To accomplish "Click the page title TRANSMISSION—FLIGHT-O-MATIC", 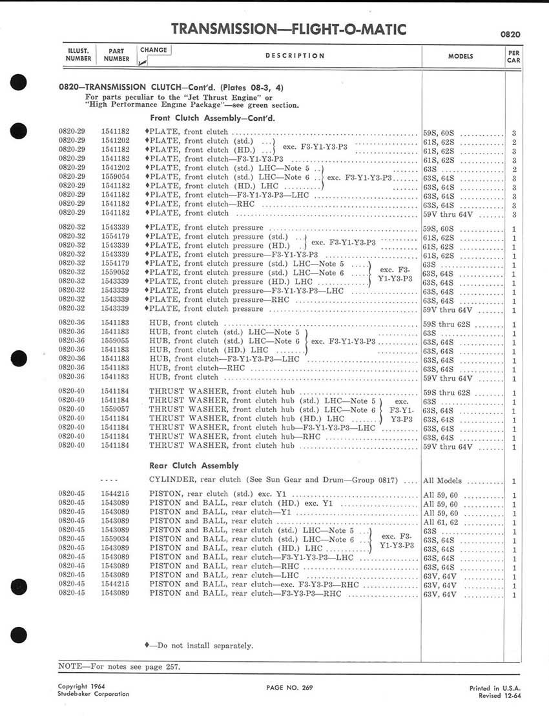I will (289, 29).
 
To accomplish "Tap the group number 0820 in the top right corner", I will (510, 34).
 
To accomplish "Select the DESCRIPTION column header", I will (295, 56).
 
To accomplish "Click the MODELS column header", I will (461, 57).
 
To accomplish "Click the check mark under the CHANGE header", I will (143, 62).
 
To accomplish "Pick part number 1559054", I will (116, 177).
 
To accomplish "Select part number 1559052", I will (116, 273).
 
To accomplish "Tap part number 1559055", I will (116, 341).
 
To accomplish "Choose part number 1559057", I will (116, 410).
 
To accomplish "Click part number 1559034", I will (116, 539).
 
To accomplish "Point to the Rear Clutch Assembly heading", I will (194, 465).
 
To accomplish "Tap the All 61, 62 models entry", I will (439, 521).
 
